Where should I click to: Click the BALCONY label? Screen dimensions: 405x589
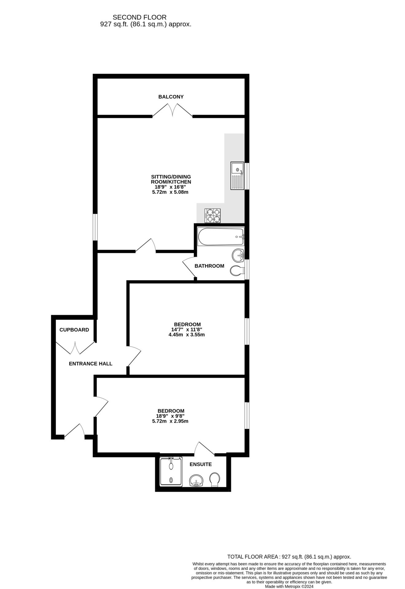click(171, 97)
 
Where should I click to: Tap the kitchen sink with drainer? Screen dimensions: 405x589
click(237, 176)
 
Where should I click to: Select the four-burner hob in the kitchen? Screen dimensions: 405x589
click(213, 215)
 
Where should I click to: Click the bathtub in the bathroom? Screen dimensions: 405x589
click(221, 237)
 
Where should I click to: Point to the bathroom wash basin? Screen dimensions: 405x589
click(238, 255)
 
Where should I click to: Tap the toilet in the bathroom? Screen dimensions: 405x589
click(237, 271)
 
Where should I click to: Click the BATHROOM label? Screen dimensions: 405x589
click(209, 266)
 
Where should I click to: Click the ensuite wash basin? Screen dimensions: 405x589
click(196, 480)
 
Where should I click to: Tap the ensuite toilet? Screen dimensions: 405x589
click(214, 479)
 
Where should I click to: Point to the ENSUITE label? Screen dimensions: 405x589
click(201, 464)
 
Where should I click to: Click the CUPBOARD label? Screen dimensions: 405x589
click(74, 330)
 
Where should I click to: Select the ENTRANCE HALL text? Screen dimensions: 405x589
click(91, 364)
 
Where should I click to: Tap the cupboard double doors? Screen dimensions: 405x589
click(75, 348)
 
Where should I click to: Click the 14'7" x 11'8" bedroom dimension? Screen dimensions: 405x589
click(187, 329)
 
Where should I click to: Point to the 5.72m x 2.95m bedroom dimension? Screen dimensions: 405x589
click(170, 421)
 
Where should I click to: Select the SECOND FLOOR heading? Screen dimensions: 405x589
click(140, 17)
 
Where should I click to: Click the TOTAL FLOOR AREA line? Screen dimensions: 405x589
click(289, 556)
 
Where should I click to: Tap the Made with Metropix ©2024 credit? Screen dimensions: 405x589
click(289, 586)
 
